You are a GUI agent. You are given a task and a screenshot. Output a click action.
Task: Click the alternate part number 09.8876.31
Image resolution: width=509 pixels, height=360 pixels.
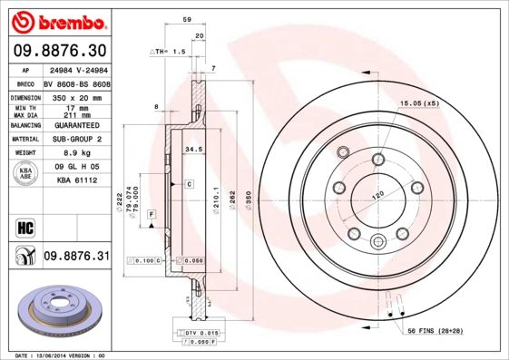coord(76,258)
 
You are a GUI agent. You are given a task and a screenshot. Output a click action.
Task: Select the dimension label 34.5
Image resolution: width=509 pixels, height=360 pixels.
coord(192,147)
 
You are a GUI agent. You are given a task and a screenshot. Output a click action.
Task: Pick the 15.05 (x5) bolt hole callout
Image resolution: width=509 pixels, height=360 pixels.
coord(419,104)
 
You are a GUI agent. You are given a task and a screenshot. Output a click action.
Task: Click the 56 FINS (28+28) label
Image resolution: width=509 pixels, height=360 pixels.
coord(435,332)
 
